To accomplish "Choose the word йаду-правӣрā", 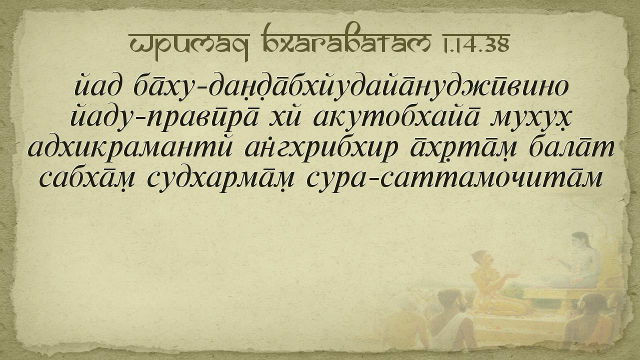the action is (x=164, y=118).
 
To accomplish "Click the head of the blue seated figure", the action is (x=580, y=241).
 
